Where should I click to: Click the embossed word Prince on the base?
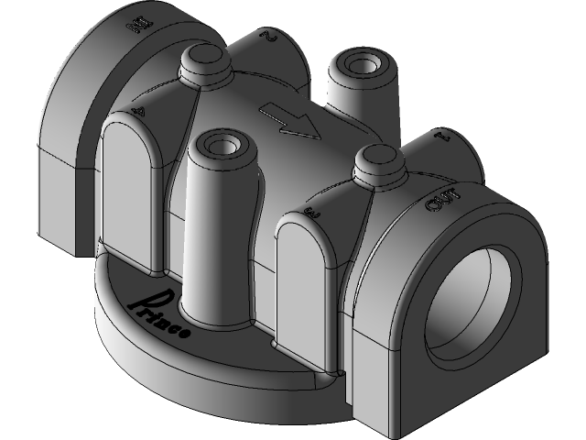(x=159, y=313)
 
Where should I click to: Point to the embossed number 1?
(x=445, y=137)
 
